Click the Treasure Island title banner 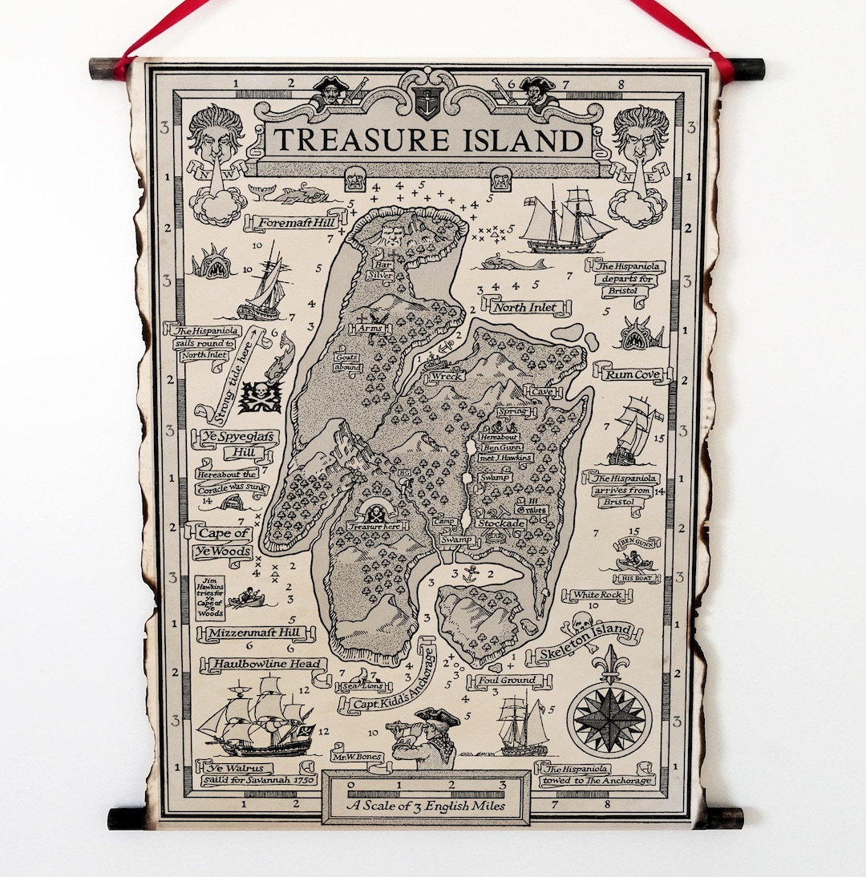(428, 141)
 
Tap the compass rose (609, 718)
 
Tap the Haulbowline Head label (265, 664)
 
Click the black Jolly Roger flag (260, 396)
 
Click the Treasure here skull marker (375, 515)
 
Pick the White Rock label (597, 596)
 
